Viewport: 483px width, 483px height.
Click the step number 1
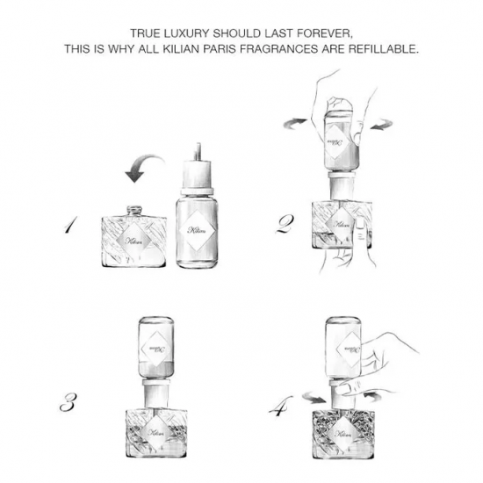tap(71, 225)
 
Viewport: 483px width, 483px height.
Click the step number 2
tap(285, 224)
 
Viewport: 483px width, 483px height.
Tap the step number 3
tap(68, 402)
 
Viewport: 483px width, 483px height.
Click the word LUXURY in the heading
tap(184, 33)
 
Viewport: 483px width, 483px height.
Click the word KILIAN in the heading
tap(181, 49)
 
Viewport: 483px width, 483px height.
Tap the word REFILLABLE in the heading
tap(384, 49)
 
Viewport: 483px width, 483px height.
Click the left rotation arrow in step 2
tap(295, 124)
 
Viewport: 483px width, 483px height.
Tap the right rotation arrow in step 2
tap(381, 125)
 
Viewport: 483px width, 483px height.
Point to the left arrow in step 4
tap(314, 397)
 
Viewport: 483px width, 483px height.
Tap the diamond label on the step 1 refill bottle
tap(197, 231)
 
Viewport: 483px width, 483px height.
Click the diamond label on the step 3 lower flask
tap(155, 432)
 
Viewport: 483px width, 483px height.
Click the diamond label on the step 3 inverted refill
tap(155, 349)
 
